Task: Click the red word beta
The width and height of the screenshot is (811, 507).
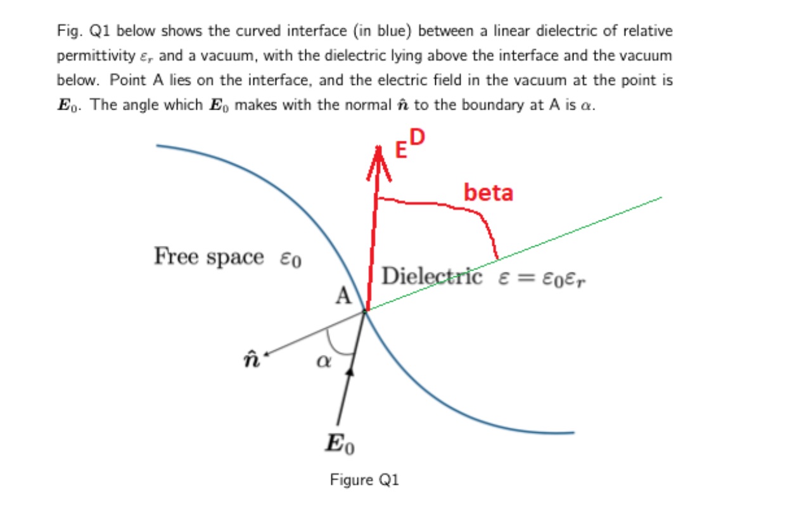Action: point(488,192)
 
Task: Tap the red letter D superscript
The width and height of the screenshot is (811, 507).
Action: point(419,138)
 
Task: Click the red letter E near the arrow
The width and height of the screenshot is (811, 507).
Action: point(402,150)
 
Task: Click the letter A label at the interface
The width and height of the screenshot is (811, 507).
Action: point(343,296)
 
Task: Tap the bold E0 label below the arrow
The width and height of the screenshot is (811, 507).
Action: point(340,444)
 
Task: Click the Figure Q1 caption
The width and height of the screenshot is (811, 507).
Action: point(364,480)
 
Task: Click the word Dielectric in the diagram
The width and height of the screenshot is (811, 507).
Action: point(432,277)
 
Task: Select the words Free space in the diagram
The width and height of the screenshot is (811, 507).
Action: point(208,257)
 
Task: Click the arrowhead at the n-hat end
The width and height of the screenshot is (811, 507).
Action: point(269,354)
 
